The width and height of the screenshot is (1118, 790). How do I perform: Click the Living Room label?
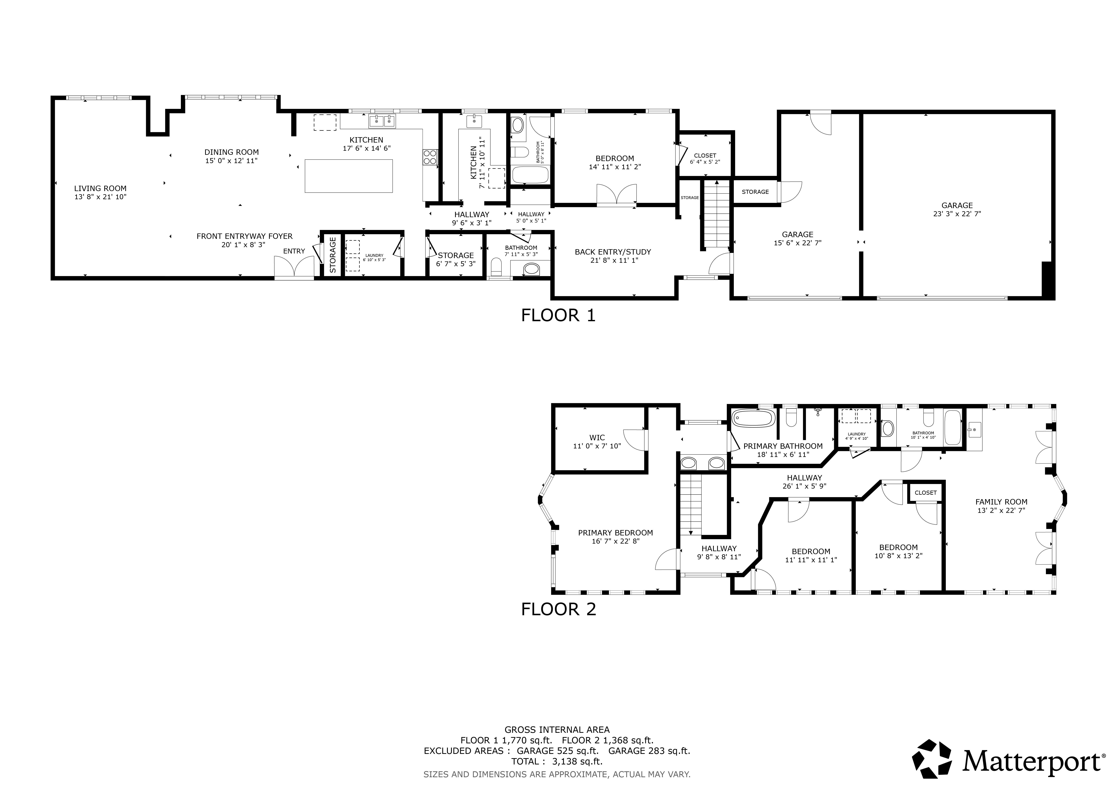click(100, 188)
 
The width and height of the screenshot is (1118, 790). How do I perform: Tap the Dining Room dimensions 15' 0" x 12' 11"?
click(231, 161)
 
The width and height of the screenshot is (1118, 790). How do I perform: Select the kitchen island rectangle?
click(349, 176)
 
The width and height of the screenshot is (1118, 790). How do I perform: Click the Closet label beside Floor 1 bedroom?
click(705, 156)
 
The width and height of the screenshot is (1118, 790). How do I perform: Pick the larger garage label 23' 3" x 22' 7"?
click(957, 213)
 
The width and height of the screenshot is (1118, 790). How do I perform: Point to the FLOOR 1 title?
click(558, 315)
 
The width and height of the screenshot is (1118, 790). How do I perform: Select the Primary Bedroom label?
click(615, 533)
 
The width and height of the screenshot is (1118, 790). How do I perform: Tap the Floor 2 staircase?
click(690, 506)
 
